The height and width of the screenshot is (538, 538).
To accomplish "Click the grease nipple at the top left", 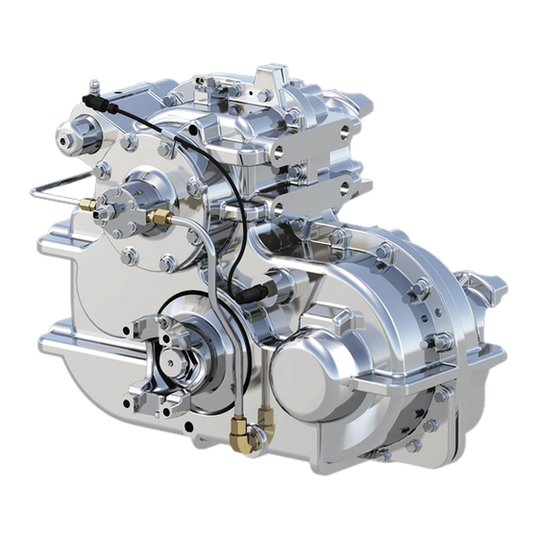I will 92,86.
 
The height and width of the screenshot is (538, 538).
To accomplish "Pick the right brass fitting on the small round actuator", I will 159,219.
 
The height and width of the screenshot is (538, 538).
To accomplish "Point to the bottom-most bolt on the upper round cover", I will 166,262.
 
